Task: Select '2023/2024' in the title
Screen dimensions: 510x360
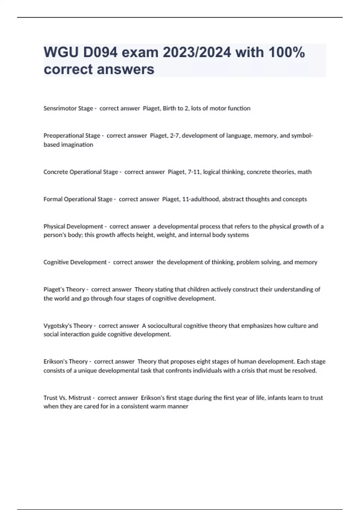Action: point(197,52)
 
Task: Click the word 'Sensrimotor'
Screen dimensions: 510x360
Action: point(60,108)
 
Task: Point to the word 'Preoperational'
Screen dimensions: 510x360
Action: point(63,136)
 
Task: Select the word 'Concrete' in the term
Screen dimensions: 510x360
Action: point(55,172)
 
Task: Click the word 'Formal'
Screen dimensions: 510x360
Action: point(53,199)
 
